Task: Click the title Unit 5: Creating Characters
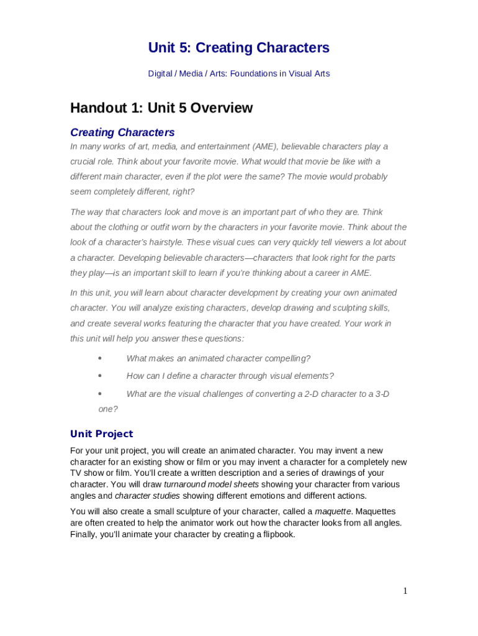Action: [x=238, y=48]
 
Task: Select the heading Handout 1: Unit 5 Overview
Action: [x=161, y=108]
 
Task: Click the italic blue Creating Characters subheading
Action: [x=122, y=132]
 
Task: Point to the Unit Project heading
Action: [x=101, y=434]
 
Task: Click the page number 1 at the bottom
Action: [x=405, y=591]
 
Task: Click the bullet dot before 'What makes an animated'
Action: [x=100, y=358]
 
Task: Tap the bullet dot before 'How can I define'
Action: [x=100, y=376]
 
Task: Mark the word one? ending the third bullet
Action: [x=108, y=409]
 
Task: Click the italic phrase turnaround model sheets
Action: [x=211, y=484]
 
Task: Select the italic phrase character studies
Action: [x=147, y=496]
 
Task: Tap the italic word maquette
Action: [x=333, y=511]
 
